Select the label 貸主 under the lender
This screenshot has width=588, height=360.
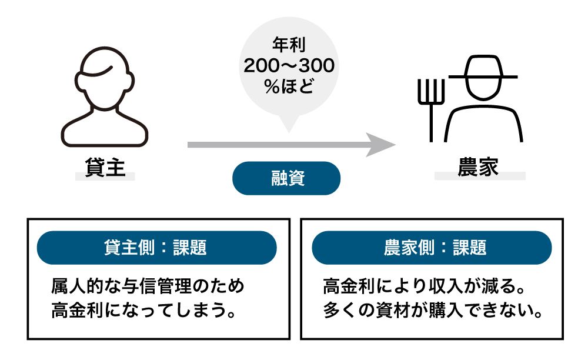point(105,166)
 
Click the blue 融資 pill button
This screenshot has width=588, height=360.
point(286,178)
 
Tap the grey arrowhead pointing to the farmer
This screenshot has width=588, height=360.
point(380,144)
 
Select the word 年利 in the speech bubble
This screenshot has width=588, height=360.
point(288,44)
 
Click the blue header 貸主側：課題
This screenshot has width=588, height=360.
point(156,247)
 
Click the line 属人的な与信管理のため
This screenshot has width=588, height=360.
point(148,286)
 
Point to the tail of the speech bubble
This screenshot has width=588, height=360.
point(288,125)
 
